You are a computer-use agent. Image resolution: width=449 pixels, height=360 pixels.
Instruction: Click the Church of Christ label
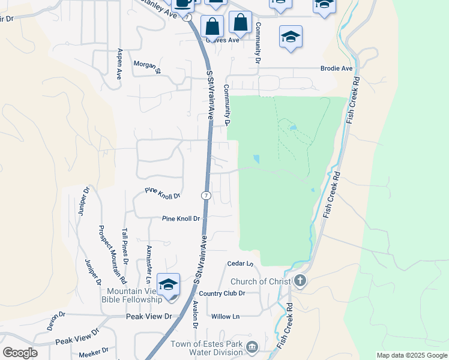coord(261,281)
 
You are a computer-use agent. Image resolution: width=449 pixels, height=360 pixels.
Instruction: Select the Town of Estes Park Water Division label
coord(206,349)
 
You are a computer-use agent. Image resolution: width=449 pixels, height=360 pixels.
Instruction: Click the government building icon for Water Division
coord(252,347)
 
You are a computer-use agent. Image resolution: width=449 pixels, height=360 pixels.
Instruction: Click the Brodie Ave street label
coord(337,68)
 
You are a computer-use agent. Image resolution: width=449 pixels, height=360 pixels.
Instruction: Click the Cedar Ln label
coord(240,263)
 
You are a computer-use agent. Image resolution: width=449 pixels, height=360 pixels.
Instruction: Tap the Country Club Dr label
coord(222,293)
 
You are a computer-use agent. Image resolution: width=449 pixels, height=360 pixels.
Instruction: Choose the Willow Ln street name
coord(225,316)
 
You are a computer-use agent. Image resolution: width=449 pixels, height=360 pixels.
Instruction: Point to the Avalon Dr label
coord(195,314)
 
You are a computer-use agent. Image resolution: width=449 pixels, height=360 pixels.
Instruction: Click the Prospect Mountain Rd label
coord(112,254)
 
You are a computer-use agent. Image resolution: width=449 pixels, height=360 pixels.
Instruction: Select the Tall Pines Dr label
coord(125,246)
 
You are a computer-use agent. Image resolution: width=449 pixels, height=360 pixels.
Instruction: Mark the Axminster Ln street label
coord(148,264)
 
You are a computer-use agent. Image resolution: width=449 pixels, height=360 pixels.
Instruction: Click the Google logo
coord(20,353)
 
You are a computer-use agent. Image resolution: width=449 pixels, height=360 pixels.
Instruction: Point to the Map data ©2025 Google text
coord(411,355)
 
